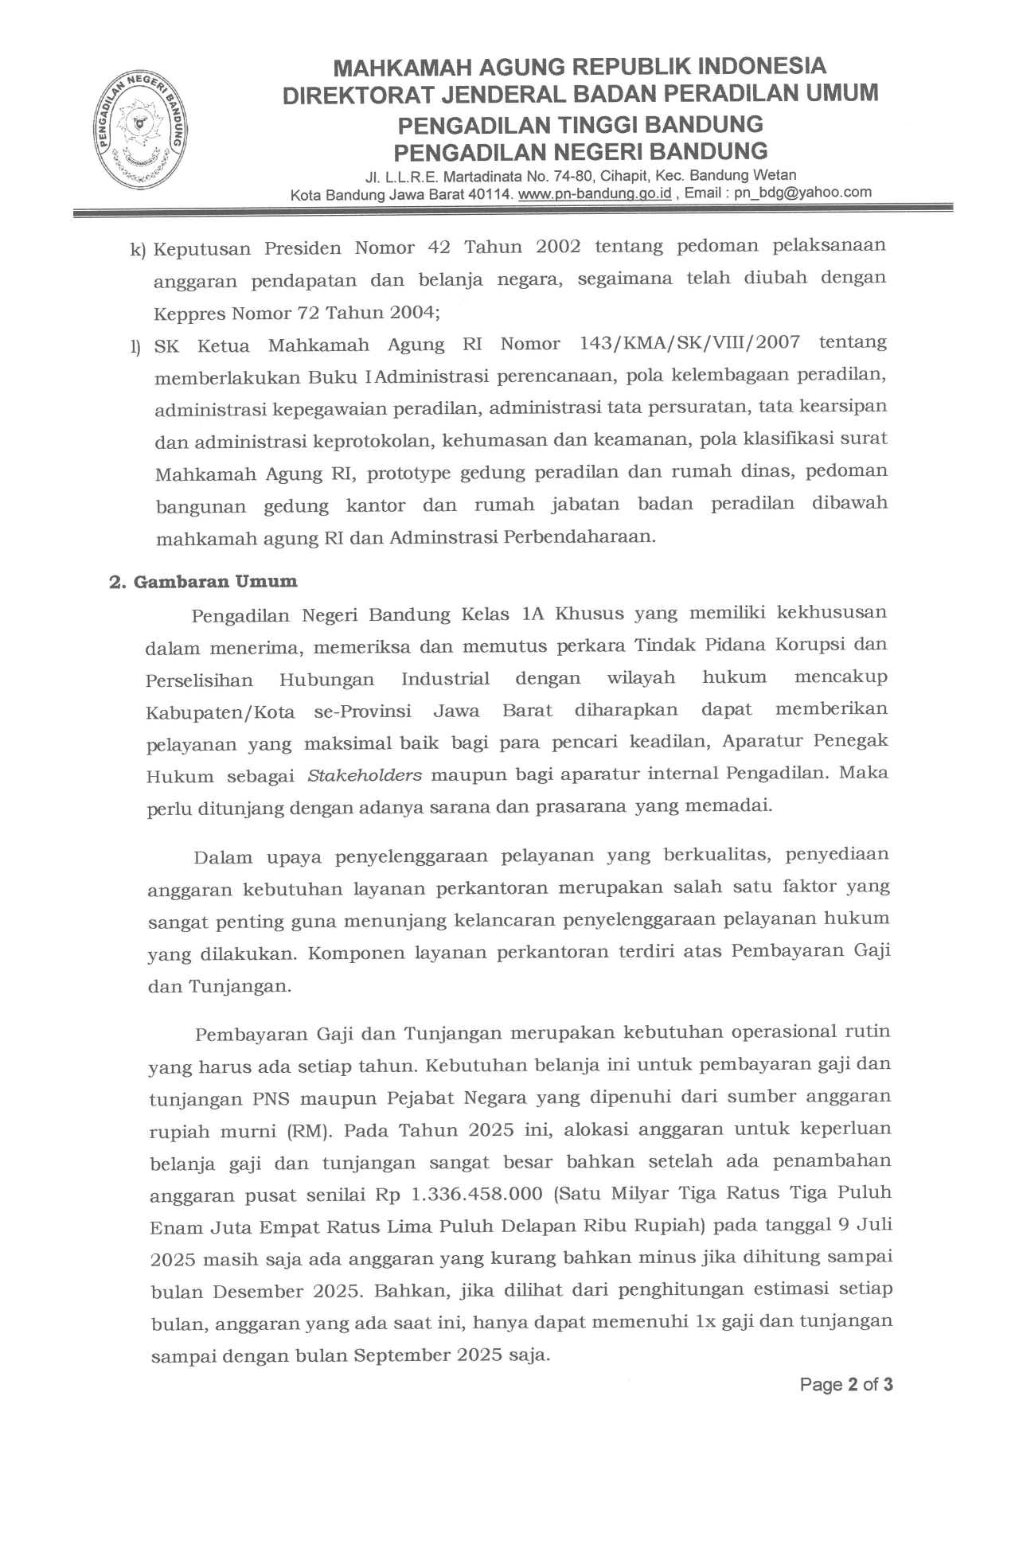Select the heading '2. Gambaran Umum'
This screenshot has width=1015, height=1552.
203,582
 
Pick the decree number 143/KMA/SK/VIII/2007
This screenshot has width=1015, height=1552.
684,344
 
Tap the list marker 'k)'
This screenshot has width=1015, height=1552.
139,250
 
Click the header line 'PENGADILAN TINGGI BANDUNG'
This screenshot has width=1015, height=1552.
580,125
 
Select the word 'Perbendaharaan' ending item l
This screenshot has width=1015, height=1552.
579,536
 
